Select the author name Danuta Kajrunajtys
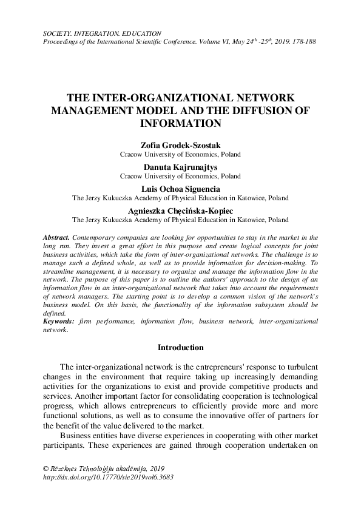point(180,167)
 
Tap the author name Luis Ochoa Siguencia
point(180,188)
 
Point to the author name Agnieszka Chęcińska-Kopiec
point(180,210)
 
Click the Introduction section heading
point(180,348)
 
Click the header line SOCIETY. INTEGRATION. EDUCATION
point(101,33)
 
